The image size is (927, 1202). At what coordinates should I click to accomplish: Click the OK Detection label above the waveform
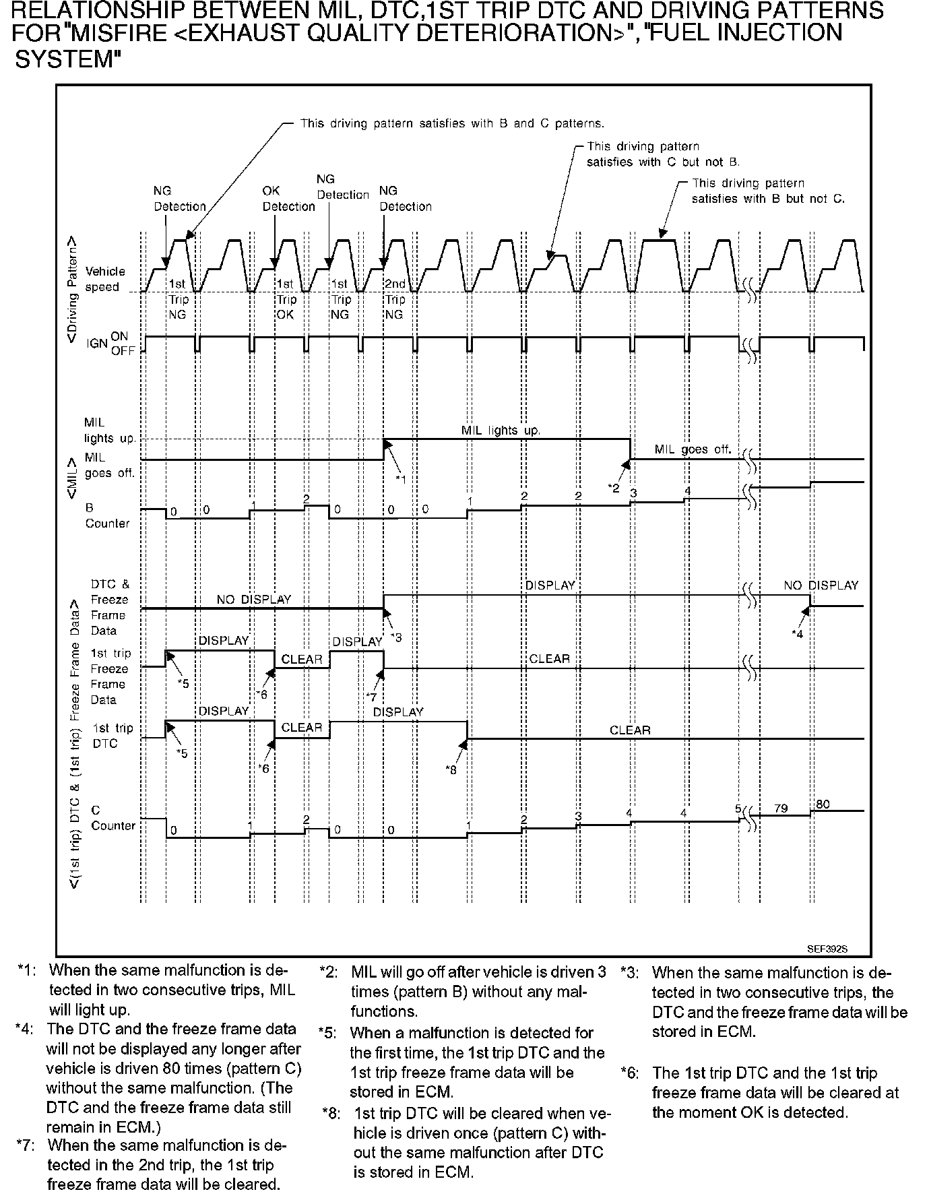pos(288,199)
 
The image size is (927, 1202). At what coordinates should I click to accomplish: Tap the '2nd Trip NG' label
pos(395,299)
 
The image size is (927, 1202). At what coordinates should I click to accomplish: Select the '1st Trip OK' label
pos(286,299)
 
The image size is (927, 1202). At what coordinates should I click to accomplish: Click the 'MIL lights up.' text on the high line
pos(501,430)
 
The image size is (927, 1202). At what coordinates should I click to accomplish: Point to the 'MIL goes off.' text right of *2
pos(693,449)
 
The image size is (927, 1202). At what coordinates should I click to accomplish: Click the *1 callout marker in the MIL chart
pos(401,478)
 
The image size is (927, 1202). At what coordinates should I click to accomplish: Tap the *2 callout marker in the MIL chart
pos(613,488)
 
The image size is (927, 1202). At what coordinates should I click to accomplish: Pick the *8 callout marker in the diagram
pos(451,769)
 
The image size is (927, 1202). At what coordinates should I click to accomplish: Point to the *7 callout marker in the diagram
pos(371,697)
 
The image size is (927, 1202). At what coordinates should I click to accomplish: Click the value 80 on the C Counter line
pos(823,804)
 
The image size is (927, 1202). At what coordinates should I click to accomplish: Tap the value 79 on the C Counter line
pos(781,808)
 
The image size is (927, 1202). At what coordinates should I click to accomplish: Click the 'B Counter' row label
pos(106,515)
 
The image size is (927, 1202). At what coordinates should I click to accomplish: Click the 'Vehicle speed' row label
pos(104,279)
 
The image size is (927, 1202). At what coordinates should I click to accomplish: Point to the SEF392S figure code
pos(827,948)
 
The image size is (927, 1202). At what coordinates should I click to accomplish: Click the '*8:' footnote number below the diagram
pos(332,1113)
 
